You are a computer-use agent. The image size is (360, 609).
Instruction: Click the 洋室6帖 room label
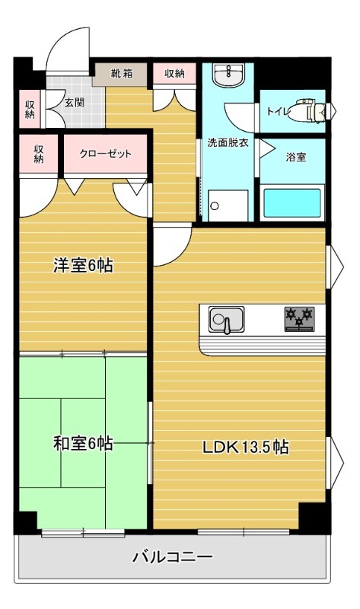click(x=83, y=266)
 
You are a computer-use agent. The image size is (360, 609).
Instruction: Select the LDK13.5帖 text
click(x=244, y=448)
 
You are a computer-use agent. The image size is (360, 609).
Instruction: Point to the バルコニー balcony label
click(x=173, y=556)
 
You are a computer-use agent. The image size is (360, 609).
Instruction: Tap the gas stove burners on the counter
click(x=298, y=317)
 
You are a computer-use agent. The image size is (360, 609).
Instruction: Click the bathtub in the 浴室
click(x=292, y=202)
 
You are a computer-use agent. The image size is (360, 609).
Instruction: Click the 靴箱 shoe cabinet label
click(x=122, y=74)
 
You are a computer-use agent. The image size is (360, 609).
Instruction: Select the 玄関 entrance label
click(x=74, y=104)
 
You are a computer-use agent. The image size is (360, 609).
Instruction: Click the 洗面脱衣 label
click(x=228, y=142)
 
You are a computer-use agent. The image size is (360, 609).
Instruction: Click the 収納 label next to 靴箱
click(x=174, y=74)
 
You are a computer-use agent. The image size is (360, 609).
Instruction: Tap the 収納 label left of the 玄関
click(x=30, y=109)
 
